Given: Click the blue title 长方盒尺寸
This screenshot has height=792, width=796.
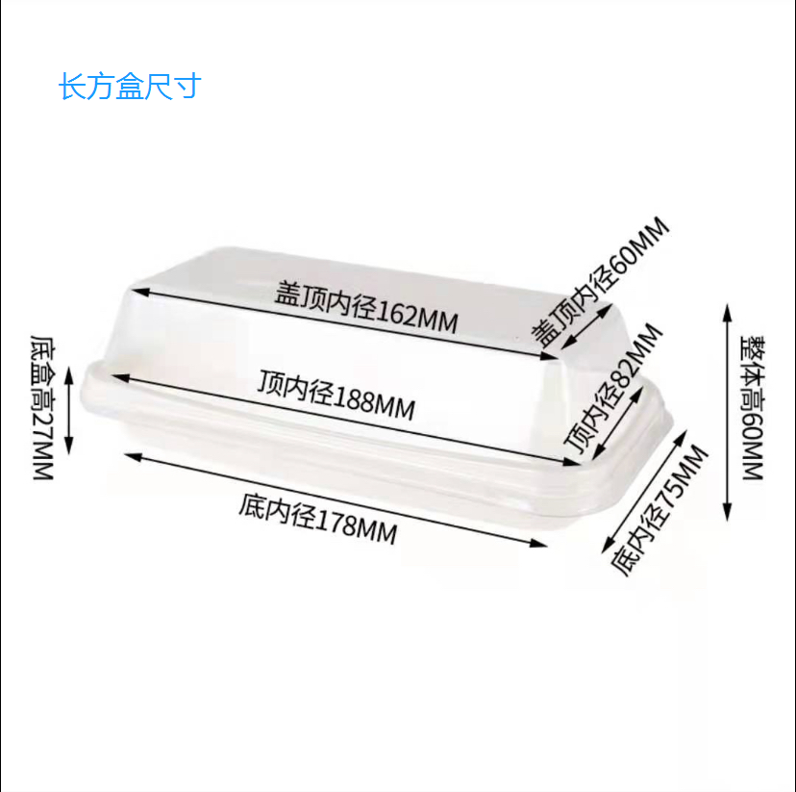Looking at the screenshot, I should [129, 87].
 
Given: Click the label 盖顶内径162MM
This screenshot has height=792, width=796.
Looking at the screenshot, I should [366, 306].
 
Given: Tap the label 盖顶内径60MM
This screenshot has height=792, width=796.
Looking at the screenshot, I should [602, 282].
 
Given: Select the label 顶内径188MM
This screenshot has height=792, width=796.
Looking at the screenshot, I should [336, 395].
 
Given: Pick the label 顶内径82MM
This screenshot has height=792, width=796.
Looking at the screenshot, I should [614, 389].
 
